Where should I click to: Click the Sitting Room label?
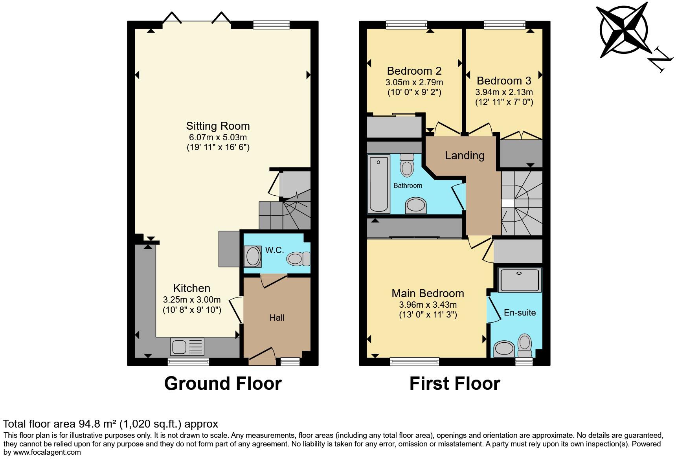pyautogui.click(x=218, y=126)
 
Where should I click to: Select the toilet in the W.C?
pyautogui.click(x=298, y=259)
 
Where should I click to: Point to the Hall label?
pyautogui.click(x=277, y=318)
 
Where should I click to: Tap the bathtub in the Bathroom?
pyautogui.click(x=379, y=184)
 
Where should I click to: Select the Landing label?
pyautogui.click(x=464, y=155)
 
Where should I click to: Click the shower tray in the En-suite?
pyautogui.click(x=520, y=280)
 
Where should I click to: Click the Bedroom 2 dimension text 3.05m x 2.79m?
pyautogui.click(x=414, y=83)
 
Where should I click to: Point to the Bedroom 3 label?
pyautogui.click(x=503, y=81)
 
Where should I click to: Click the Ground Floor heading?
pyautogui.click(x=222, y=383)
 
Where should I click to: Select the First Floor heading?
pyautogui.click(x=454, y=383)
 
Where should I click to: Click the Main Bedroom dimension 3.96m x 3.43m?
pyautogui.click(x=428, y=305)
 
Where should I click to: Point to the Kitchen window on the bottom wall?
pyautogui.click(x=188, y=362)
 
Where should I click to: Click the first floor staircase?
pyautogui.click(x=522, y=203)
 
